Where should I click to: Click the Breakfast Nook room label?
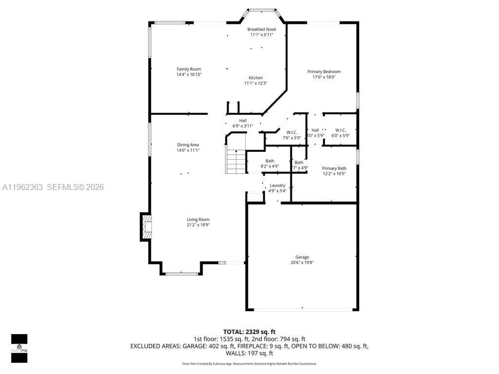pos(261,29)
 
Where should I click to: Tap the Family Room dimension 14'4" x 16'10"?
pos(189,75)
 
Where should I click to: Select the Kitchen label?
pos(255,78)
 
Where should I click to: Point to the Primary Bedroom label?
pos(324,72)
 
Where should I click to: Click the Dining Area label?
pos(188,145)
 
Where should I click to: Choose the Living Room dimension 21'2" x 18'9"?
pos(198,225)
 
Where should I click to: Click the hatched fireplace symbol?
pos(147,227)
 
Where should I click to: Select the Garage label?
pos(302,257)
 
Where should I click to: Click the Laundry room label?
pos(277,185)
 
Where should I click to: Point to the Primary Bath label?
pos(334,168)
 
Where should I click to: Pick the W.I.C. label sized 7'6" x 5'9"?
pos(291,132)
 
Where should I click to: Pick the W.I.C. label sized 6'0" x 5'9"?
pos(340,130)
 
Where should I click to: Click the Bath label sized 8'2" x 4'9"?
pos(269,161)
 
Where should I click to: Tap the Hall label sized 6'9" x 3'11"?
pos(243,121)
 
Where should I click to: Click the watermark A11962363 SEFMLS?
pos(53,187)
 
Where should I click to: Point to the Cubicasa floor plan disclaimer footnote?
pos(249,364)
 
